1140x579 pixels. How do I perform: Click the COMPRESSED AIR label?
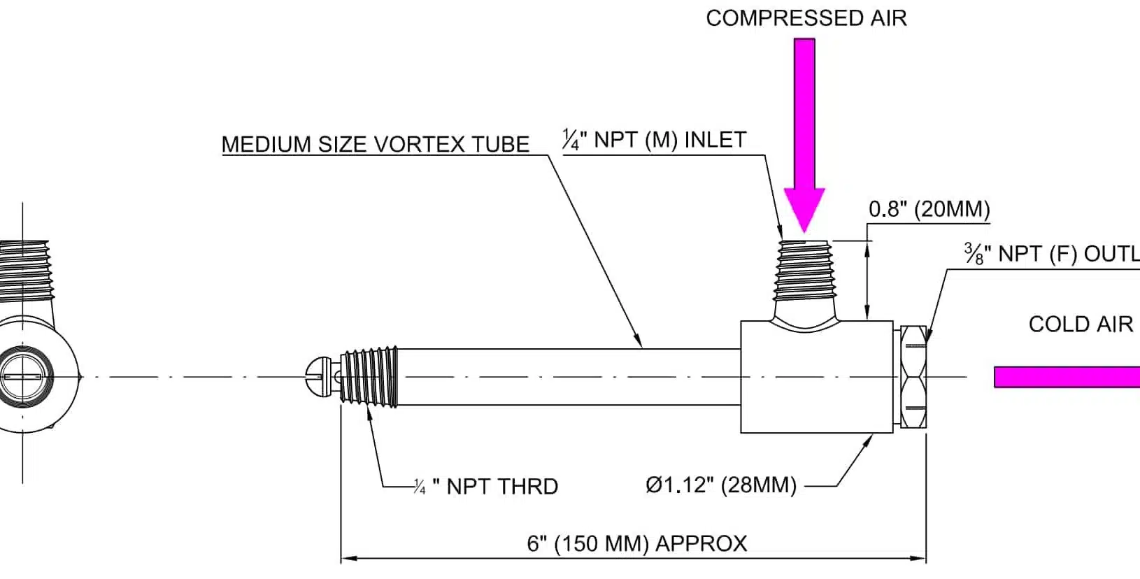point(806,18)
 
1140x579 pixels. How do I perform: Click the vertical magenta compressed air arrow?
point(804,126)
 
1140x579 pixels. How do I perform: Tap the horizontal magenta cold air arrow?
point(1067,377)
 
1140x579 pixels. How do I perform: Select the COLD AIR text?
point(1080,324)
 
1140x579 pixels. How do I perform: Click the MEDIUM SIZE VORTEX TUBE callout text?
point(375,145)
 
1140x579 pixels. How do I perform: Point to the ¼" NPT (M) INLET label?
point(655,140)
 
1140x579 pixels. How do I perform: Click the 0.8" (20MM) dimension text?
point(929,209)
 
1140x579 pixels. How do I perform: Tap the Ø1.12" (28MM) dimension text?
point(721,485)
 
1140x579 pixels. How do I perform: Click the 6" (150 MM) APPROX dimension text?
point(636,543)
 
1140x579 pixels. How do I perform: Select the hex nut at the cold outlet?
point(913,377)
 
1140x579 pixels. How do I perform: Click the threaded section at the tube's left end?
point(369,376)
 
